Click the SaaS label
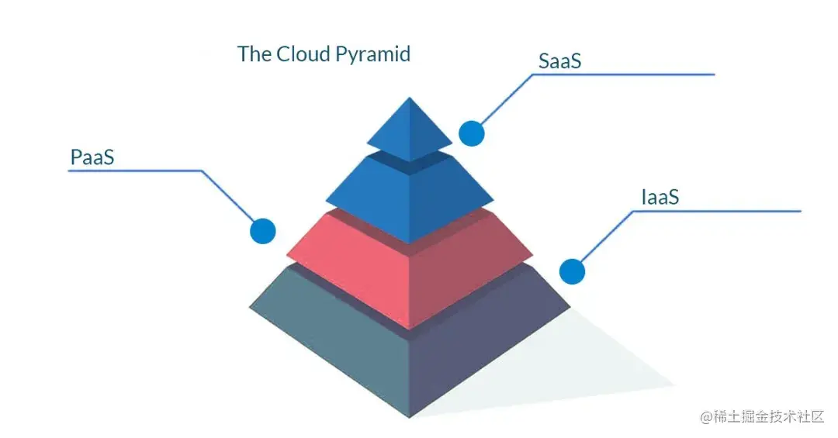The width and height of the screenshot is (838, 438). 559,61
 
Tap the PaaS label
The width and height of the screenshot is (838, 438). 92,157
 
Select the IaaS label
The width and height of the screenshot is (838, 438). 660,197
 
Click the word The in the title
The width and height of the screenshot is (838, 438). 253,54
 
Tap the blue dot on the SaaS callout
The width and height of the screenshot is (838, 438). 471,133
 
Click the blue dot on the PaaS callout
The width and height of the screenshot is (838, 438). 262,230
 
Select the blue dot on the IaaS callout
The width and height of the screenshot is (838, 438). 572,271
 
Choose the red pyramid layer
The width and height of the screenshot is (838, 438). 409,267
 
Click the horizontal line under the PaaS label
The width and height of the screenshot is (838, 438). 132,171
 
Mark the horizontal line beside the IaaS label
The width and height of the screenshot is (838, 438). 729,210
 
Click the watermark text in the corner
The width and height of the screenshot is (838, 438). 761,417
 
